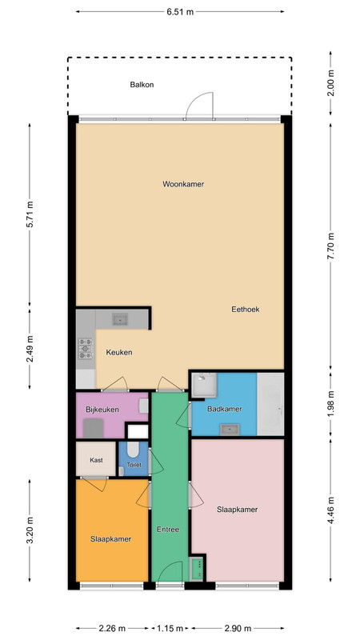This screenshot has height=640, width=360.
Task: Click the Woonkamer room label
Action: click(183, 184)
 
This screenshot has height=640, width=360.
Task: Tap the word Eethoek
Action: click(246, 310)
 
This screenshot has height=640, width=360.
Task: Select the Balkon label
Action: click(142, 85)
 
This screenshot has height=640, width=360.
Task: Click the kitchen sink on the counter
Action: click(120, 319)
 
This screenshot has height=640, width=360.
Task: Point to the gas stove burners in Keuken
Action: click(86, 349)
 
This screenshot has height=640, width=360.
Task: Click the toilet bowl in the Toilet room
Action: click(133, 450)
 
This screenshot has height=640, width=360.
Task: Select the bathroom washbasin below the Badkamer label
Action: click(230, 430)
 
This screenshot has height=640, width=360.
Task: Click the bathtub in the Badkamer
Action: click(270, 404)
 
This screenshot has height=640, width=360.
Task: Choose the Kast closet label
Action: click(96, 460)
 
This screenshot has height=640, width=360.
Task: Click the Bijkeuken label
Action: click(102, 410)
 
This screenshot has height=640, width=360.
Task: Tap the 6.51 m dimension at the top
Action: click(180, 11)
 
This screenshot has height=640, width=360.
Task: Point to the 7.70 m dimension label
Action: click(330, 246)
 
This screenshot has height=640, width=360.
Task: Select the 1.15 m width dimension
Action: click(170, 628)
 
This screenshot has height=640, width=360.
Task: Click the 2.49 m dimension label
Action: click(30, 348)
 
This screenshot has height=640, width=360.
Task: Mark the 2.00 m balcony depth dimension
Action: click(330, 83)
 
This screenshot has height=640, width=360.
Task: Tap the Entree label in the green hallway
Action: click(168, 530)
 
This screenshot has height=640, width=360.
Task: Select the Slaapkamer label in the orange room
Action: click(111, 539)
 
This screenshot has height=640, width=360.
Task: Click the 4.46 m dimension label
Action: click(330, 510)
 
